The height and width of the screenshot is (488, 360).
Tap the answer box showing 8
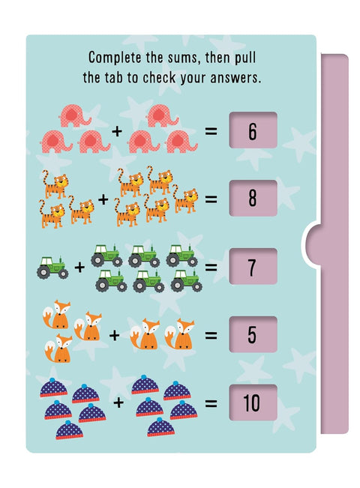[x=252, y=199]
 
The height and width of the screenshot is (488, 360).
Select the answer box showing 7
[x=252, y=267]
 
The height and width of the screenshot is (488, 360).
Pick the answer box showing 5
[x=252, y=334]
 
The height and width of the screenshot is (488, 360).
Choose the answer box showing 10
[x=252, y=403]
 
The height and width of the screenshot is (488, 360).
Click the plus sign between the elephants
[x=116, y=132]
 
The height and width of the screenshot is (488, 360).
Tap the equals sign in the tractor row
[x=211, y=268]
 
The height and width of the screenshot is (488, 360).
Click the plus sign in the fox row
[x=114, y=335]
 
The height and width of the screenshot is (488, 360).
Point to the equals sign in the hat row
[x=211, y=403]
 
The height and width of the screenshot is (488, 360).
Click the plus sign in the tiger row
[x=103, y=200]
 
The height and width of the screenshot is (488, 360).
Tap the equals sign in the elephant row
[x=211, y=132]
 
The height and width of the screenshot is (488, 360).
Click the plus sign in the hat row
[x=118, y=403]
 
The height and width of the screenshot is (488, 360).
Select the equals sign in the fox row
[x=211, y=335]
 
